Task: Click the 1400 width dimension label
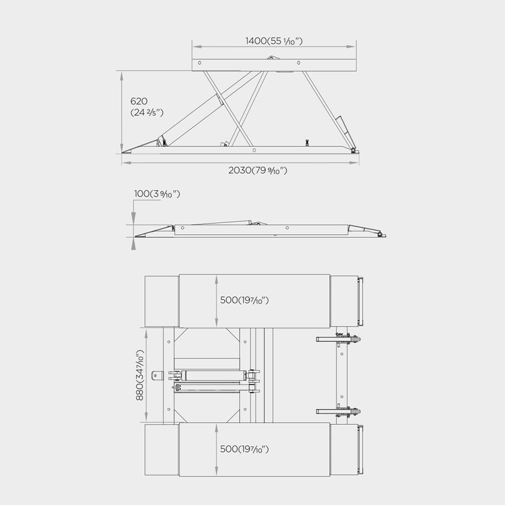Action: pyautogui.click(x=274, y=41)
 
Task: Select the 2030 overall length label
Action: pyautogui.click(x=258, y=170)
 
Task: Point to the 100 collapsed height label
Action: pyautogui.click(x=157, y=194)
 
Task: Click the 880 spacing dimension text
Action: pyautogui.click(x=140, y=375)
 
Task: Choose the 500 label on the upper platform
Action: pyautogui.click(x=244, y=300)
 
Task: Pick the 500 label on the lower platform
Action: pyautogui.click(x=244, y=449)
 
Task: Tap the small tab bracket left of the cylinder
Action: pyautogui.click(x=157, y=375)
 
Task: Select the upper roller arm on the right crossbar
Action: pyautogui.click(x=338, y=339)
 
